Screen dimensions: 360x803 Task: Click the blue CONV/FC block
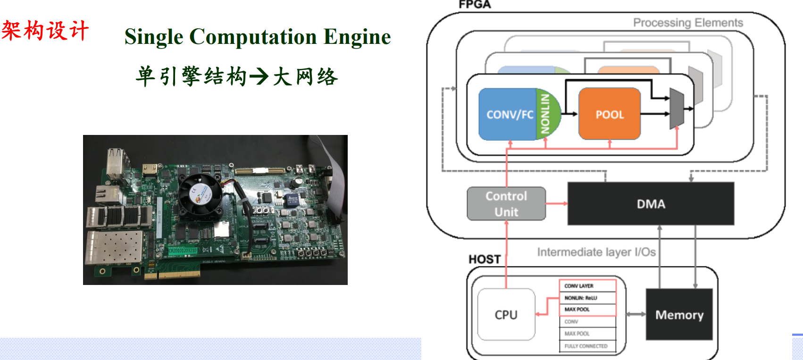tap(507, 114)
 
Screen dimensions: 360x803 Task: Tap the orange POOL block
tap(609, 114)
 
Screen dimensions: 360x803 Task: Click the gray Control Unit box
tap(506, 204)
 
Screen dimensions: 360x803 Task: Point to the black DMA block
tap(651, 204)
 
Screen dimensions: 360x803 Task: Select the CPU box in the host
tap(506, 315)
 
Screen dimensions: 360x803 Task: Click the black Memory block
tap(679, 315)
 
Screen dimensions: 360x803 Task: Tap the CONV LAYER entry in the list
tap(587, 286)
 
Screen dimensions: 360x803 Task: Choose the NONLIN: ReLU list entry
tap(587, 298)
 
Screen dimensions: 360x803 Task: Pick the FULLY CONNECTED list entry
tap(587, 346)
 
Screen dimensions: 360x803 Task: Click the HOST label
tap(485, 259)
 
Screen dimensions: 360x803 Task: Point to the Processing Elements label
tap(688, 23)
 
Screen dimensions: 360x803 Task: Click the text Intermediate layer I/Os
tap(596, 252)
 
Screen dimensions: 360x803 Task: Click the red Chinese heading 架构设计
tap(45, 31)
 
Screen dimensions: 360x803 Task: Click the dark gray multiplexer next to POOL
tap(677, 109)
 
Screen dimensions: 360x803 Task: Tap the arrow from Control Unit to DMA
tap(557, 203)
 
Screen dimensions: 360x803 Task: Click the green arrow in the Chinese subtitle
tap(259, 76)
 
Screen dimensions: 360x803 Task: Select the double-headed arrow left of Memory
tap(636, 314)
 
